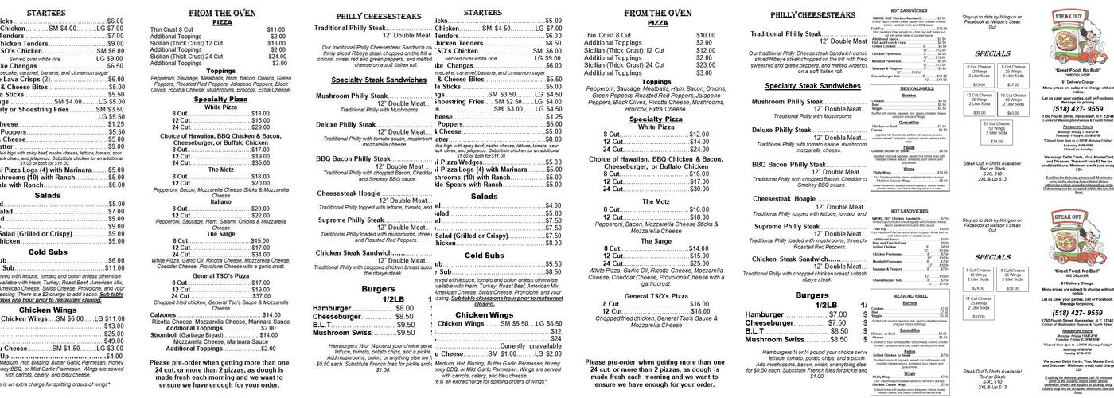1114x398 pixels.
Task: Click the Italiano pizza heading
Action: point(220,201)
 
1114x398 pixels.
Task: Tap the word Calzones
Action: point(163,314)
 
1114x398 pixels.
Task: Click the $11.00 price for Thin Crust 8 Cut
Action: point(275,29)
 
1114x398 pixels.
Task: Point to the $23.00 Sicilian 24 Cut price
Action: point(705,64)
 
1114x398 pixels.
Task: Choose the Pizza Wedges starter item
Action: point(462,162)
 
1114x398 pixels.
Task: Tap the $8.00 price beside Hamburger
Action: point(404,308)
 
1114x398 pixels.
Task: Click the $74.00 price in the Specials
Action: point(996,141)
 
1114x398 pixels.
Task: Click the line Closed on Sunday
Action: point(1078,149)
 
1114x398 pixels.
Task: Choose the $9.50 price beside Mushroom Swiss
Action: point(406,332)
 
